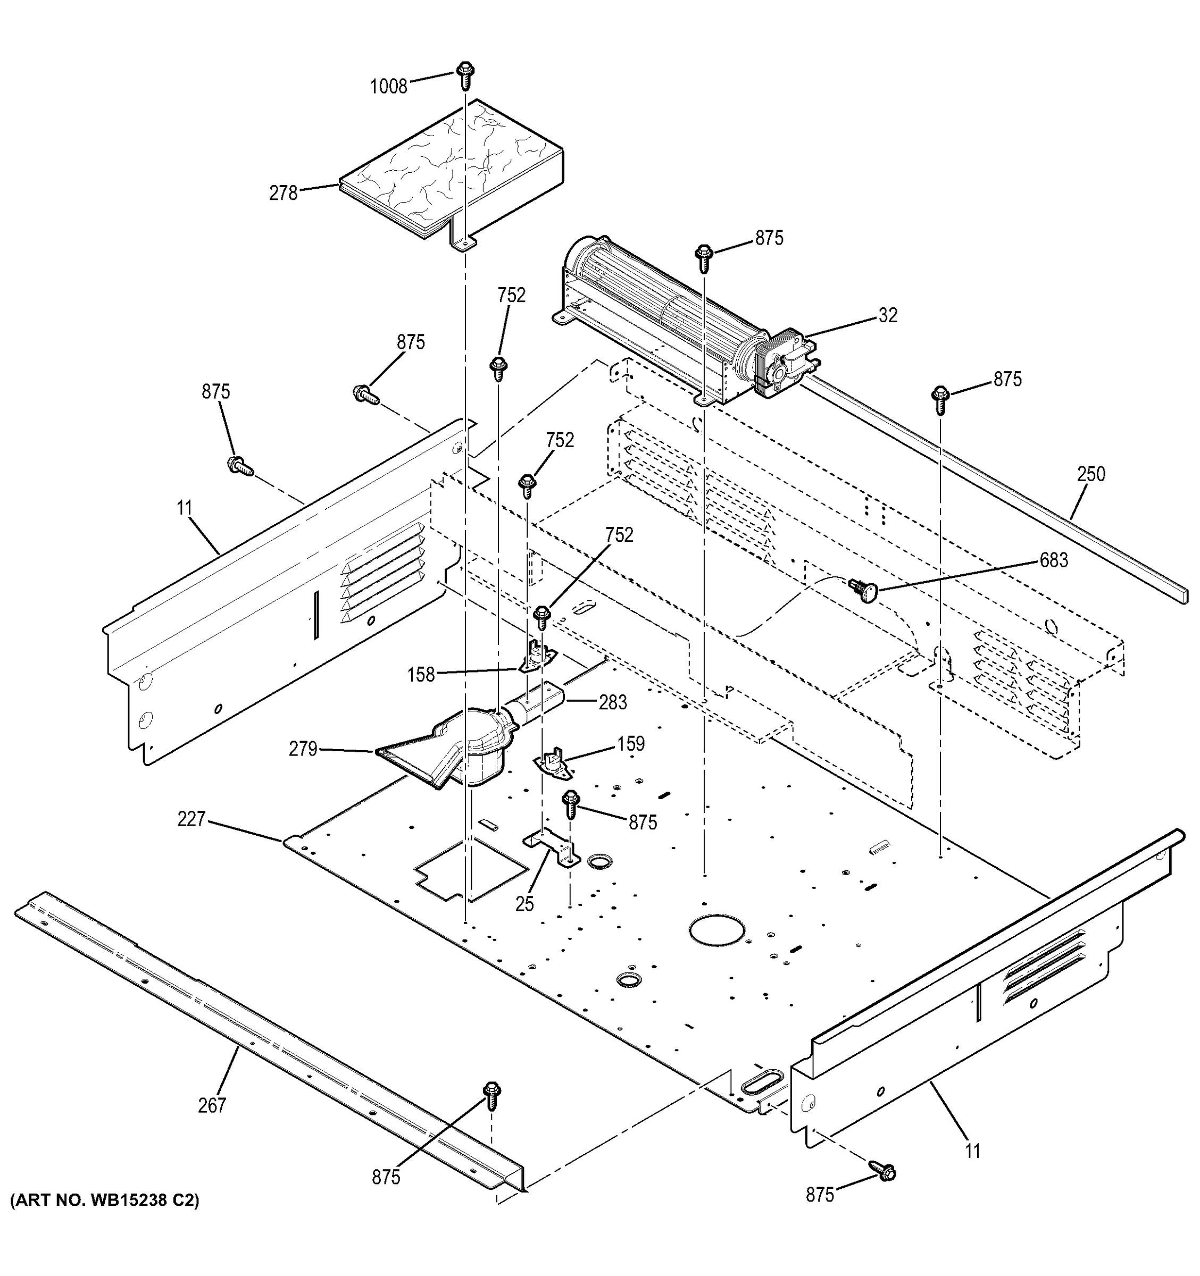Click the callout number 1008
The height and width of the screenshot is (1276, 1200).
point(388,86)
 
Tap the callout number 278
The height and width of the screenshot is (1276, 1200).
point(283,192)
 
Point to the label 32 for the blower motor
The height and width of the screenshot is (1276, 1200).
point(887,315)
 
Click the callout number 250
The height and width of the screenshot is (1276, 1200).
point(1091,474)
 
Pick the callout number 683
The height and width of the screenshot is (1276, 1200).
point(1054,560)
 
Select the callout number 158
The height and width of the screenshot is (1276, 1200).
point(421,675)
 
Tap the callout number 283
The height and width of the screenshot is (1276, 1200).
point(613,702)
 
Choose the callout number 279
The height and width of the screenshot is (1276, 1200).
point(303,749)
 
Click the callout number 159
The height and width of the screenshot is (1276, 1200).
point(630,744)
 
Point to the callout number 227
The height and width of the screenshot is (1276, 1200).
point(191,819)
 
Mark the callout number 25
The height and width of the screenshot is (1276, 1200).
point(524,904)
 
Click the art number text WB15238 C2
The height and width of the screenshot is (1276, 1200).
point(105,1201)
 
